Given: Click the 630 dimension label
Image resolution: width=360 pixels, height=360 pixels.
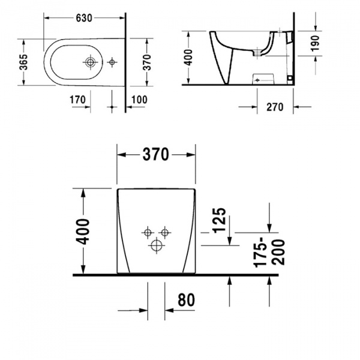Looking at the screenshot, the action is [x=84, y=18].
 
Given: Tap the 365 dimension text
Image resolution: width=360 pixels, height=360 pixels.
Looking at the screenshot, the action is [x=23, y=62].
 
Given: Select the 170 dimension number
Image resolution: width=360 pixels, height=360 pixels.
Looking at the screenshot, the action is [x=77, y=100].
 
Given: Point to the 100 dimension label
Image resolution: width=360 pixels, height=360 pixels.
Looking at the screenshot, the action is [x=139, y=100].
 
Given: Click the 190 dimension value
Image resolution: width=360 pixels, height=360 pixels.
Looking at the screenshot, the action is [x=315, y=43].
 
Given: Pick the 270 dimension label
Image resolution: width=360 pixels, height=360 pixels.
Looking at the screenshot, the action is [x=275, y=107].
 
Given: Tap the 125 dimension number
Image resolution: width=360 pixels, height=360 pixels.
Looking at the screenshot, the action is [x=220, y=220].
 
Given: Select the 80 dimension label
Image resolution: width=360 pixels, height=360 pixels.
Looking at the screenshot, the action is [x=186, y=300].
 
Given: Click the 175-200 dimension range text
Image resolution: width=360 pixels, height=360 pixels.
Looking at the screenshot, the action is [x=269, y=253].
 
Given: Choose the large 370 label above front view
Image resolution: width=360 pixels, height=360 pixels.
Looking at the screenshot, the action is [x=156, y=154].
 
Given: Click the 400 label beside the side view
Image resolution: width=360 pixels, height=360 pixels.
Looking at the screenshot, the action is [x=189, y=58].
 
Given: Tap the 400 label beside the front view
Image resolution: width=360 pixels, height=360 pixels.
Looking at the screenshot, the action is [x=82, y=232].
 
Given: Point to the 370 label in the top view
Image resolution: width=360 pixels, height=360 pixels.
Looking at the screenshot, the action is [x=146, y=62].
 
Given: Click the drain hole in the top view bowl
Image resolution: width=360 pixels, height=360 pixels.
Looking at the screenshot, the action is [x=90, y=62].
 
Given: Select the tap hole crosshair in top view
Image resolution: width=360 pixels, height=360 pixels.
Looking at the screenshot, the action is [x=112, y=62].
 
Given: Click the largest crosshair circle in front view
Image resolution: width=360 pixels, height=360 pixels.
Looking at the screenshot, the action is [x=157, y=245].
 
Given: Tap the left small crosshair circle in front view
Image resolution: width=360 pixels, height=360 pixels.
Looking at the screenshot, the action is [x=148, y=233].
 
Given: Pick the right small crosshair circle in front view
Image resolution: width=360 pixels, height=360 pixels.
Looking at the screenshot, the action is [x=164, y=233].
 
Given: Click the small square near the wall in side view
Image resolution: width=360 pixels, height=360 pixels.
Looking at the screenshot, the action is [x=290, y=78].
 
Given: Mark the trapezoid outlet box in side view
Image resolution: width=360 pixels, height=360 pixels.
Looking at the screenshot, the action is [x=263, y=79].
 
